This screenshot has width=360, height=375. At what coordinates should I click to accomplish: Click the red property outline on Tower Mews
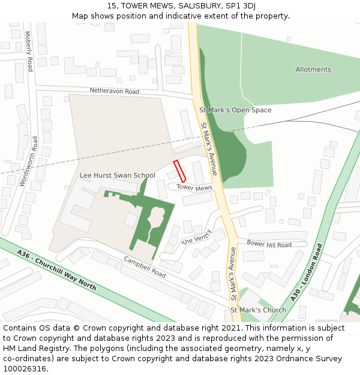179,171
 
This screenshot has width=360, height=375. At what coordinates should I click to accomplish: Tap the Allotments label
313,70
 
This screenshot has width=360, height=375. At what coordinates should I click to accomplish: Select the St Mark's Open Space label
235,110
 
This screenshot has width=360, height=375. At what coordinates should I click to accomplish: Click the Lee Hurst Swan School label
118,175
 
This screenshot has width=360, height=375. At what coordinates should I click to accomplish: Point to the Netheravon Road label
114,91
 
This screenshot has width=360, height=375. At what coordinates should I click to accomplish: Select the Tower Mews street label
194,188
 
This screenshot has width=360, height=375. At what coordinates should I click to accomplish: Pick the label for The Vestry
197,237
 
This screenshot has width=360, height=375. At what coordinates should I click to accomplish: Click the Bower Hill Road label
269,245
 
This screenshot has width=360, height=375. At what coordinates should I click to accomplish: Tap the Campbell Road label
145,267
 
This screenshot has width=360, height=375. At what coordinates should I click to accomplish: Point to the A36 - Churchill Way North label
56,270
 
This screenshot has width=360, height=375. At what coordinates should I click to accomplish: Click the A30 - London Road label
307,272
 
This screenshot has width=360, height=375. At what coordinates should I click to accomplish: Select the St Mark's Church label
258,310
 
